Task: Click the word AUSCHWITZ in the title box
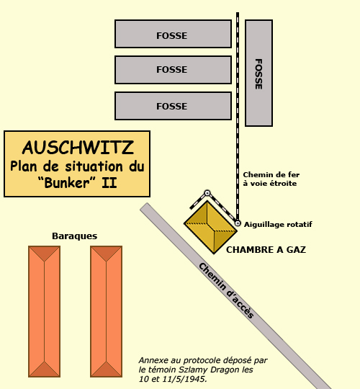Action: tap(78, 148)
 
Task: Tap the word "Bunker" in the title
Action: tap(67, 183)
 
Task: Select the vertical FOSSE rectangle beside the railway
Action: tap(259, 73)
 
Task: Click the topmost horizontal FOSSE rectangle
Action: tap(173, 34)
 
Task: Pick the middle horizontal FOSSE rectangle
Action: tap(173, 70)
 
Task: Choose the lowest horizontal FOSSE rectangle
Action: tap(173, 106)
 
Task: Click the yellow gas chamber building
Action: tap(210, 228)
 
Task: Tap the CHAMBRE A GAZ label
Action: tap(266, 249)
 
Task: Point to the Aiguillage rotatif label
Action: tap(278, 225)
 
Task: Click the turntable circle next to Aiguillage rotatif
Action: tap(238, 223)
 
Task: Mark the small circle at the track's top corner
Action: tap(207, 193)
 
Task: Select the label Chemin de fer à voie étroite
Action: tap(271, 179)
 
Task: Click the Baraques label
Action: tap(75, 236)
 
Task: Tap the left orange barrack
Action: tap(45, 312)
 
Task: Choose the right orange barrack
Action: tap(107, 312)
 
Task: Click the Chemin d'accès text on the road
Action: tap(226, 290)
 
